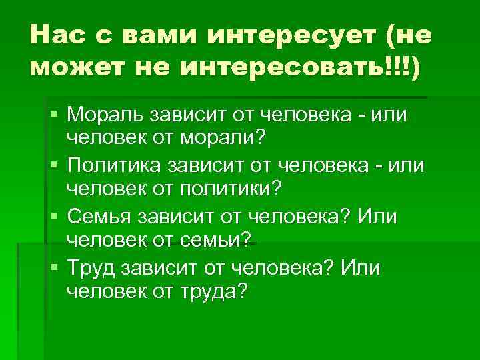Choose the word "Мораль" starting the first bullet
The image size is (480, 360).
tap(104, 116)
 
